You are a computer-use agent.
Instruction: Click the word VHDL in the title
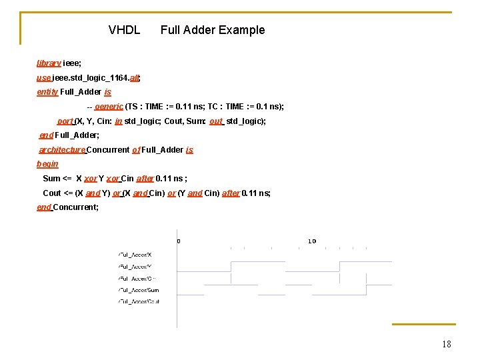click(124, 30)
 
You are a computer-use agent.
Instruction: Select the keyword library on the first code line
click(49, 63)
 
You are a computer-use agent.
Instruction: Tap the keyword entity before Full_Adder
click(47, 92)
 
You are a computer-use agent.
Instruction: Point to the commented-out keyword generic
click(109, 107)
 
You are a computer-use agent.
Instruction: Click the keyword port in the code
click(65, 121)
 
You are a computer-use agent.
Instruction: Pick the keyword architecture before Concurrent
click(62, 150)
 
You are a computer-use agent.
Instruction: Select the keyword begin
click(47, 164)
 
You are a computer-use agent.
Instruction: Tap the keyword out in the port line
click(216, 121)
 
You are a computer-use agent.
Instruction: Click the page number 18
click(446, 344)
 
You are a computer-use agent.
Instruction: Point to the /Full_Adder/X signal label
click(135, 255)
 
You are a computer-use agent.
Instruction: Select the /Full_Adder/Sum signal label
click(139, 290)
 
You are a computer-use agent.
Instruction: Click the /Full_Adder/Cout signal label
click(139, 302)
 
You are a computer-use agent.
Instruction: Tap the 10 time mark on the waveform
click(311, 241)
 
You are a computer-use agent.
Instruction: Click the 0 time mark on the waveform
click(179, 241)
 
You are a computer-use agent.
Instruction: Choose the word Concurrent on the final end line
click(75, 207)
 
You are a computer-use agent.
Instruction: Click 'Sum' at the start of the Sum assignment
click(51, 179)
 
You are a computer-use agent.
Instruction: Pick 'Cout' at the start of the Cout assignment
click(52, 193)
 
